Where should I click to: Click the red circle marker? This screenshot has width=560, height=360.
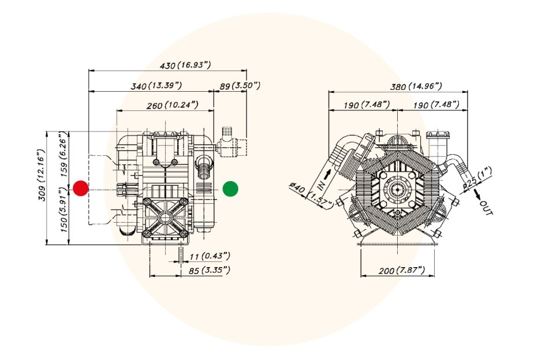click(x=81, y=189)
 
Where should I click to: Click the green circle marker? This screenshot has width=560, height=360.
click(x=230, y=189)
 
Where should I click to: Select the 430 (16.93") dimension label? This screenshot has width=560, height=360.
click(x=185, y=65)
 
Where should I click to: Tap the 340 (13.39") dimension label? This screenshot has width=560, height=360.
click(x=156, y=85)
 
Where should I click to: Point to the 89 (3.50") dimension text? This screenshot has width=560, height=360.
click(x=240, y=85)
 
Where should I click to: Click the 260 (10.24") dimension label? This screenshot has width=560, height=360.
click(x=173, y=105)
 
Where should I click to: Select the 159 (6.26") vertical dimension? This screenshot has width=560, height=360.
click(x=64, y=154)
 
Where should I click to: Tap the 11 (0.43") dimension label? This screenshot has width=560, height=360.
click(x=210, y=256)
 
